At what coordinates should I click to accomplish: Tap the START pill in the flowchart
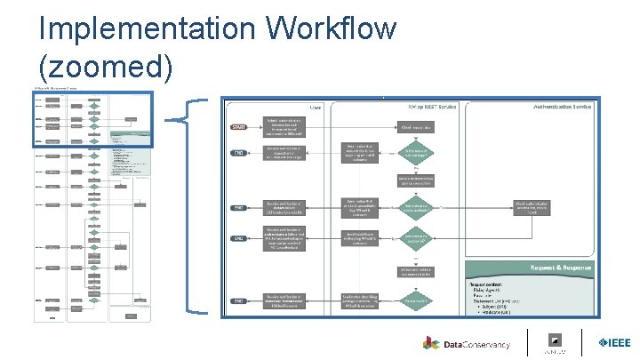click(x=238, y=128)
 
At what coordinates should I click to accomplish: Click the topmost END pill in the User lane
click(x=238, y=153)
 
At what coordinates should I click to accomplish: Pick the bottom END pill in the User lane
click(x=238, y=302)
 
